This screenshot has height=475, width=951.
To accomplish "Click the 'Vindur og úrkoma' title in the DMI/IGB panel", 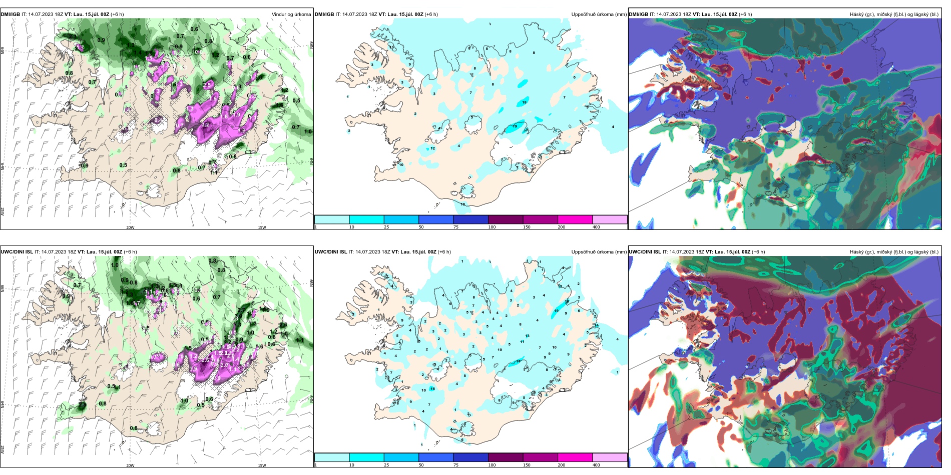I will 291,14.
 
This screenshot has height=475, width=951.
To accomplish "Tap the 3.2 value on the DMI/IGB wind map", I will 205,125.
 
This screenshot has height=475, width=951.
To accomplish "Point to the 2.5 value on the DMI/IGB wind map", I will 207,85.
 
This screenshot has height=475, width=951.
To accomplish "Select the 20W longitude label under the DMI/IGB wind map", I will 130,227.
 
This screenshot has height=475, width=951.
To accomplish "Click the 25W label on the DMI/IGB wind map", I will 3,211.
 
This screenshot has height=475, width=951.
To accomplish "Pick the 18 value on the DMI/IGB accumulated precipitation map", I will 525,102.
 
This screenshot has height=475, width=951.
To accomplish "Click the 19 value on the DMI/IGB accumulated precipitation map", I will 515,126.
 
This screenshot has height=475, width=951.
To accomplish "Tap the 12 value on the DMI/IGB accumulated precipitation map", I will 432,148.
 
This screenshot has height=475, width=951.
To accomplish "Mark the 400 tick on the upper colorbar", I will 596,227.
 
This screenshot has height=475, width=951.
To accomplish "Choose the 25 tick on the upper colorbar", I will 386,227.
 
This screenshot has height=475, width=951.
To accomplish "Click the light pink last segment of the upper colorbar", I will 610,219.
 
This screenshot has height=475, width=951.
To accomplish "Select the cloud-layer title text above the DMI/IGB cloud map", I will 894,14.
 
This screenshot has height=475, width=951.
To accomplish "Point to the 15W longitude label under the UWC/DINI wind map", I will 262,465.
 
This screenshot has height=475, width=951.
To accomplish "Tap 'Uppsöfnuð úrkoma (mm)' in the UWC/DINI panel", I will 599,252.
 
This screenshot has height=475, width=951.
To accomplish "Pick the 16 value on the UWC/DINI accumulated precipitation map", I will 432,388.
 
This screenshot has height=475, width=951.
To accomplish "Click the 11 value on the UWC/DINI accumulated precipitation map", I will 522,342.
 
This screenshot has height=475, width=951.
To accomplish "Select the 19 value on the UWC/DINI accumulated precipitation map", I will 557,311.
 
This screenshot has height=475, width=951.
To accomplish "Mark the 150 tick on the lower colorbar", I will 527,465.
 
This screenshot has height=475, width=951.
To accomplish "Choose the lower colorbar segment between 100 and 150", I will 506,457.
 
